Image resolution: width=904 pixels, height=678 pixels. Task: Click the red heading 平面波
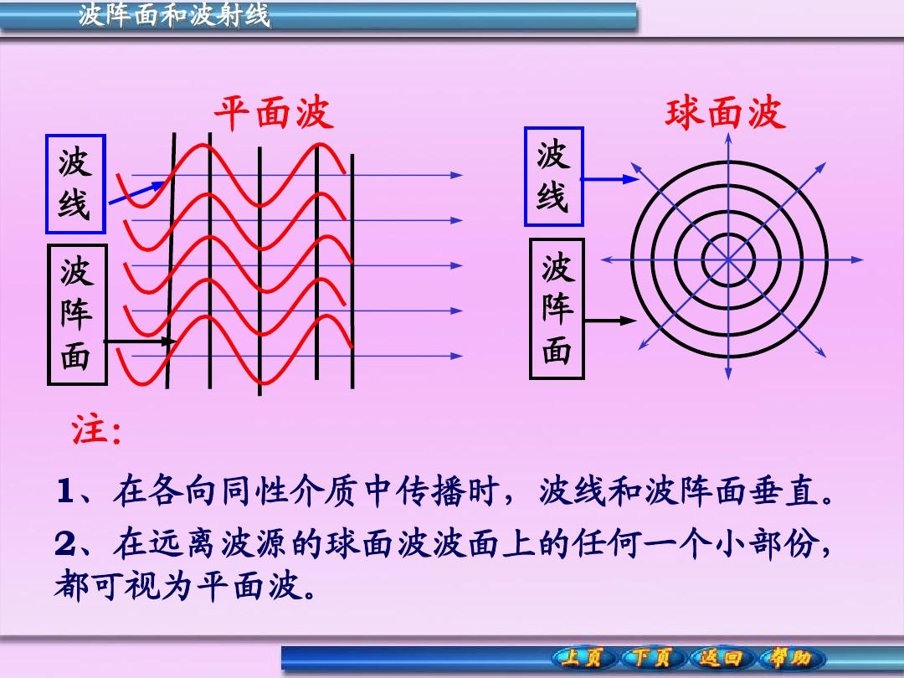coord(275,112)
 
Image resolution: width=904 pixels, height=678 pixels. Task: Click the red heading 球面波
coord(725,112)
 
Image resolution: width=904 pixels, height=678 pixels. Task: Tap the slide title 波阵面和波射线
coord(174,14)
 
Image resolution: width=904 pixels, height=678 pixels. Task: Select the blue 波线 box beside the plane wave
coord(75,184)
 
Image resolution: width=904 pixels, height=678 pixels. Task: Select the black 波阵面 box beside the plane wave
coord(77,315)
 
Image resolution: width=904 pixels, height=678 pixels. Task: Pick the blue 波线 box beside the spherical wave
coord(554,177)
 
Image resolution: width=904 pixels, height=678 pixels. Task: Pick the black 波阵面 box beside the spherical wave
coord(557,309)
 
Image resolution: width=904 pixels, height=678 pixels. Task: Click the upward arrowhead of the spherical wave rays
coord(728,138)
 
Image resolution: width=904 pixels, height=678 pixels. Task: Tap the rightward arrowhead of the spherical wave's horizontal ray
coord(857,259)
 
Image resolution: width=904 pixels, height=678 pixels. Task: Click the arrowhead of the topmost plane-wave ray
coord(457,175)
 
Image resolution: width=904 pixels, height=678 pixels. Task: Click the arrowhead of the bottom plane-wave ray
coord(457,356)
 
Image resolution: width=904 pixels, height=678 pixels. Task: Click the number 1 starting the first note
coord(64,491)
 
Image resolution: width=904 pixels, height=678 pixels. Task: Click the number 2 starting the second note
coord(64,543)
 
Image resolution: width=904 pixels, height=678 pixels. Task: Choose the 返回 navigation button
coord(720,657)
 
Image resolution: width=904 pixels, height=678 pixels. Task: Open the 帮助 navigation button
coord(790,657)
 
